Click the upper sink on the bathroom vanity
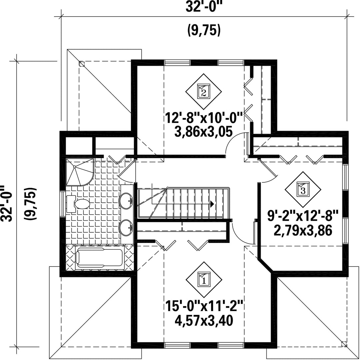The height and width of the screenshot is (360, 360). pos(126,201)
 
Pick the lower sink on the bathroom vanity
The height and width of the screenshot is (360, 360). pos(126,228)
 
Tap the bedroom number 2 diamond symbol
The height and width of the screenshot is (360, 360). pos(204,91)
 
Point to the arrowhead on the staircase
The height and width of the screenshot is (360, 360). pos(212,204)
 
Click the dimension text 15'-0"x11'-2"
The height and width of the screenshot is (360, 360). pos(204,307)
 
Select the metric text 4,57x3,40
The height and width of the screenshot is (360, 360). pos(204,321)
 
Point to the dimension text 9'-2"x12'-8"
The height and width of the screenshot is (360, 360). pos(303,216)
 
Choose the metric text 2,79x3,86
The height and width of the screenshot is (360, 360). pos(303,231)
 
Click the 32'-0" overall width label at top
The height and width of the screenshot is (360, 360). pos(204,7)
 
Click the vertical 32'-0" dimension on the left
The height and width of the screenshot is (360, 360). pos(6,204)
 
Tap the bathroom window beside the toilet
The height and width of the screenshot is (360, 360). pos(62,204)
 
